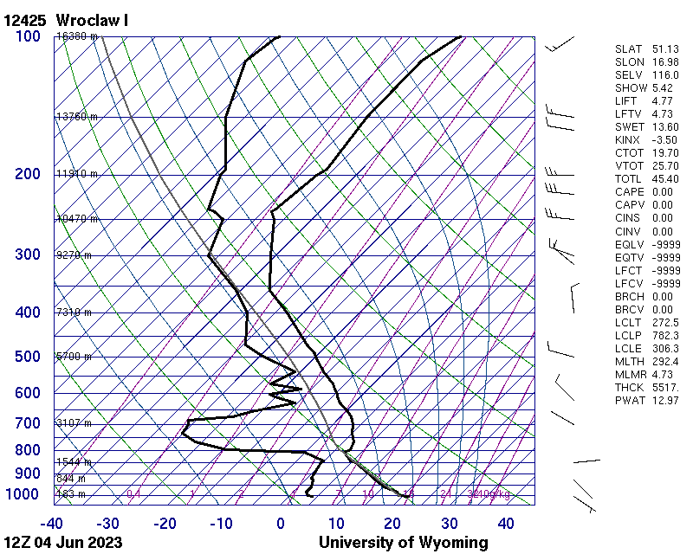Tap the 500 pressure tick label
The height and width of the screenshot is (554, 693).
click(x=29, y=357)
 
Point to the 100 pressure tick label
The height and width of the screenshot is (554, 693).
click(x=29, y=36)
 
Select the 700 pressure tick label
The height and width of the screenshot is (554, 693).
click(x=29, y=423)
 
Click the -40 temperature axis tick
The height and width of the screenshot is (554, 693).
click(x=51, y=524)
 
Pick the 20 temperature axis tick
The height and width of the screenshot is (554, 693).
click(x=392, y=524)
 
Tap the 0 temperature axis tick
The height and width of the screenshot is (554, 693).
click(x=281, y=524)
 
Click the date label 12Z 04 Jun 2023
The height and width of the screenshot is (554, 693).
click(x=62, y=543)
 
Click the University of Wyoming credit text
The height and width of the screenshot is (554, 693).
click(x=403, y=543)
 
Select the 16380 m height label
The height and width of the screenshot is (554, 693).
click(x=76, y=36)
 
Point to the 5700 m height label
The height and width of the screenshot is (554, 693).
click(x=74, y=357)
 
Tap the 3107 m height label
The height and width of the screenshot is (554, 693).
click(x=74, y=423)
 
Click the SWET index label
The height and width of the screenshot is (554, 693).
click(x=628, y=127)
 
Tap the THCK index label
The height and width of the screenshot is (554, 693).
click(x=628, y=388)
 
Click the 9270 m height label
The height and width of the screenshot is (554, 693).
click(x=74, y=255)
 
